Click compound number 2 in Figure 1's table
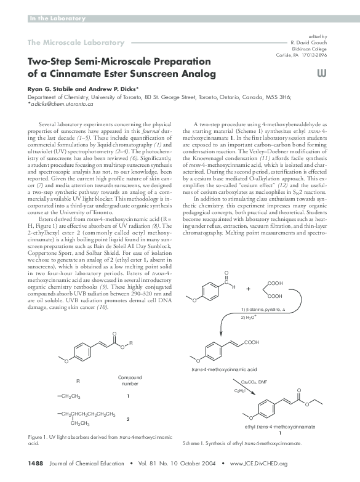[127, 419]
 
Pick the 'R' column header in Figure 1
[78, 381]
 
